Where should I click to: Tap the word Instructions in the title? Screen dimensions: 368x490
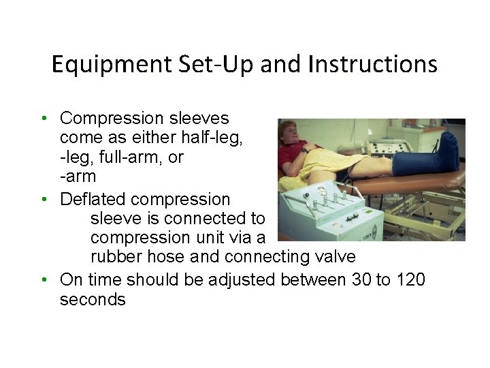point(373,65)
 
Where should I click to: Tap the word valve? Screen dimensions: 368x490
point(331,257)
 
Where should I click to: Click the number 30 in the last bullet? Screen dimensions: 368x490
point(360,279)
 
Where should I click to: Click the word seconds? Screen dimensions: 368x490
point(93,300)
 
